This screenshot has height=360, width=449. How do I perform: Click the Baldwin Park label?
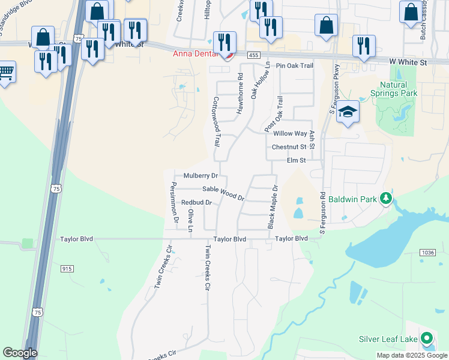[x=352, y=197]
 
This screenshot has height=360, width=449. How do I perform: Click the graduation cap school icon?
[x=348, y=112]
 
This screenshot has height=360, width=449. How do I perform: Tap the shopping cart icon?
[x=6, y=73]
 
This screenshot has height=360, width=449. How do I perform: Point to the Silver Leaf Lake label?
[x=388, y=340]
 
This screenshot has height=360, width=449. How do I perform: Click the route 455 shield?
[x=254, y=55]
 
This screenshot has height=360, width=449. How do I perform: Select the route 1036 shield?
[x=427, y=253]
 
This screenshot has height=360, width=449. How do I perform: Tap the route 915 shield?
[x=67, y=268]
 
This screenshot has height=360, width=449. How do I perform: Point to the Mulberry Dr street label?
[x=200, y=176]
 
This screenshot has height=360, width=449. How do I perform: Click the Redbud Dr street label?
[x=197, y=203]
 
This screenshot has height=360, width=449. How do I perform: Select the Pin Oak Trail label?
[x=295, y=65]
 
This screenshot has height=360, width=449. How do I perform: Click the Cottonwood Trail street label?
[x=217, y=121]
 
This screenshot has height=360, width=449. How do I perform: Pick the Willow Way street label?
[x=290, y=133]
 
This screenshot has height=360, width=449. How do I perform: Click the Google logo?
[x=20, y=353]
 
